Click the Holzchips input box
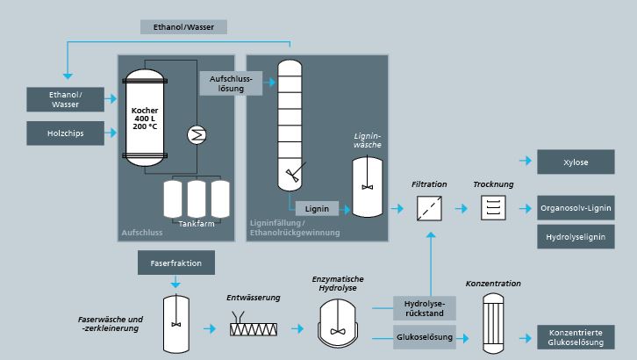pos(66,133)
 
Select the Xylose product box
pos(576,162)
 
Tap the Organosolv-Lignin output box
pos(576,207)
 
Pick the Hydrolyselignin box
pos(576,236)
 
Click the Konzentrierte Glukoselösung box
pos(576,337)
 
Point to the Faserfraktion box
pos(176,263)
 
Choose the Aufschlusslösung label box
pos(231,83)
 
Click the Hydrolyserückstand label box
pos(424,308)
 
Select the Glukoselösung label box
pos(424,337)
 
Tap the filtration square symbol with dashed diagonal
pos(429,208)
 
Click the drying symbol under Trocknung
pos(493,207)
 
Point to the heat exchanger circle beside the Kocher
pos(197,135)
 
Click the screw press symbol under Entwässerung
pos(254,325)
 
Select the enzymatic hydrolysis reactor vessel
pos(338,323)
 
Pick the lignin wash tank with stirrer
pos(368,187)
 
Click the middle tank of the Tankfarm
pos(197,199)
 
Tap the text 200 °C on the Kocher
pos(145,126)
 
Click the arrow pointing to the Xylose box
pos(526,161)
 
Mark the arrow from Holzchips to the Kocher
pos(111,133)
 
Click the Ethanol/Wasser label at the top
pos(183,27)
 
